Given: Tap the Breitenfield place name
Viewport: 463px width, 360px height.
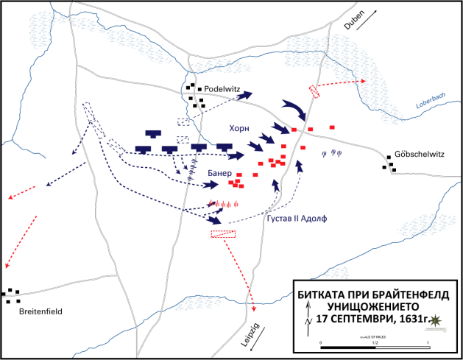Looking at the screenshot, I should [36, 311].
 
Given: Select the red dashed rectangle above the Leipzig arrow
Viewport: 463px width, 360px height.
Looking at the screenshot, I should [222, 233].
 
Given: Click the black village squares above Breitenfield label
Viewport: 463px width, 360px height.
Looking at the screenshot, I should [11, 296].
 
